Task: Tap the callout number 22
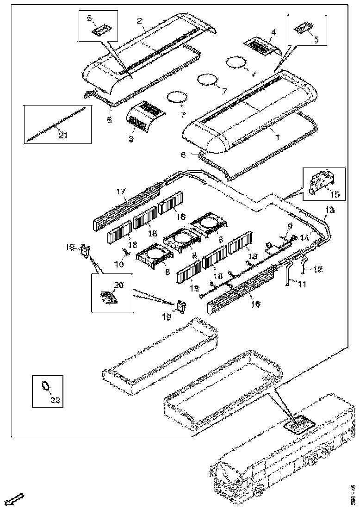[x=55, y=400]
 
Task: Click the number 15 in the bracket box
[x=335, y=194]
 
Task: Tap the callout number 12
[x=318, y=269]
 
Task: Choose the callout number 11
[x=301, y=285]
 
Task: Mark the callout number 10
[x=119, y=264]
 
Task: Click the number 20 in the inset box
[x=118, y=286]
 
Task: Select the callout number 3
[x=131, y=138]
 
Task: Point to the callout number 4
[x=273, y=32]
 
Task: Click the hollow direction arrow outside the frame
[x=16, y=499]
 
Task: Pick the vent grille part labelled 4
[x=262, y=45]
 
